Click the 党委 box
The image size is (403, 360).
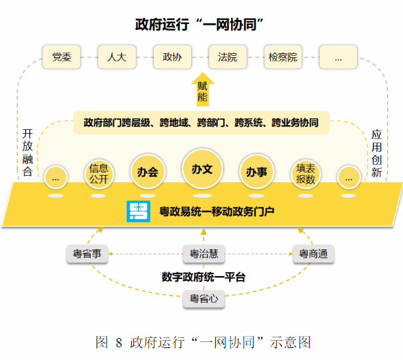click(x=61, y=57)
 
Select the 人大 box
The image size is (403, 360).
click(x=117, y=57)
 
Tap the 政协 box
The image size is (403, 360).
click(x=172, y=57)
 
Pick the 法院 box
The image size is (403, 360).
click(x=227, y=57)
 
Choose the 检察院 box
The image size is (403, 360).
click(x=282, y=57)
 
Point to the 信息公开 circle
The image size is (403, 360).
click(x=99, y=173)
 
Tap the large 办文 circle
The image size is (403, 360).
click(x=202, y=169)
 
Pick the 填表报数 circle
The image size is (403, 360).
click(x=306, y=173)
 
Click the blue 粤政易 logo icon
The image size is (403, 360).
click(x=138, y=211)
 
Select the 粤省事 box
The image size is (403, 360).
click(x=87, y=254)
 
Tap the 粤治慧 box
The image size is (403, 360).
click(x=203, y=254)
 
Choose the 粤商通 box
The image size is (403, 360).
click(x=312, y=254)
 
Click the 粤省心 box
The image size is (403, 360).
click(x=203, y=300)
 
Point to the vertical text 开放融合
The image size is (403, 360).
click(x=27, y=152)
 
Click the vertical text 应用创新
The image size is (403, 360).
click(x=376, y=152)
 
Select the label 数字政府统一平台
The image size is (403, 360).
click(x=203, y=277)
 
